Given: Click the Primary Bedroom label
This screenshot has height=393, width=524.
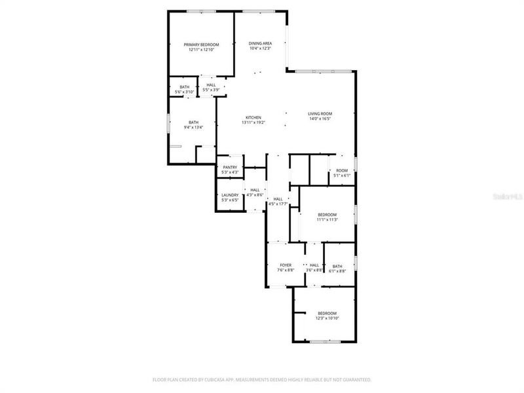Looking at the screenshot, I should [x=201, y=44].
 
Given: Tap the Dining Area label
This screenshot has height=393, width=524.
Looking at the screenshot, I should [x=260, y=43].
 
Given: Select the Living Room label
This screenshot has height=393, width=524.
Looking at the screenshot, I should [x=320, y=114].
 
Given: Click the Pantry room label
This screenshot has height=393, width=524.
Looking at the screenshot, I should [x=230, y=167].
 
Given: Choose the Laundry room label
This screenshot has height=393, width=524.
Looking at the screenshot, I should [x=230, y=195].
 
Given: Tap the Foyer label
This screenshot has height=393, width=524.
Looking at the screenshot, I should [x=286, y=265].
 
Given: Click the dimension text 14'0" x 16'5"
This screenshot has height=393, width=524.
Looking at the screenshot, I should [x=320, y=119].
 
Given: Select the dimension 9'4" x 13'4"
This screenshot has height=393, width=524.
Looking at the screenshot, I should [x=193, y=127].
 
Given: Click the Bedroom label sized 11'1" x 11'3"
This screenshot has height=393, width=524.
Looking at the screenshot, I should [x=327, y=215].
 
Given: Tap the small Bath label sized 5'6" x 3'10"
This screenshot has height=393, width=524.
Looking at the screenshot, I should [x=185, y=87].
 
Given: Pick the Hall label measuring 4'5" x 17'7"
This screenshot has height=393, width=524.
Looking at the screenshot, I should [x=278, y=199].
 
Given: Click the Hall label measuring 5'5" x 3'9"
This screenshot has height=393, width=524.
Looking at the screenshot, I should [x=211, y=85].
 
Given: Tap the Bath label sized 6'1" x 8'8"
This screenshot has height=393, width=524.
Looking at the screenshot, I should [x=337, y=266].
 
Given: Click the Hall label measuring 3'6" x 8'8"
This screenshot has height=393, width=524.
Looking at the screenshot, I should [x=314, y=265].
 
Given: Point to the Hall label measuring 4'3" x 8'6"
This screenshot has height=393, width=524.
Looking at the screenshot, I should [x=255, y=190].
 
